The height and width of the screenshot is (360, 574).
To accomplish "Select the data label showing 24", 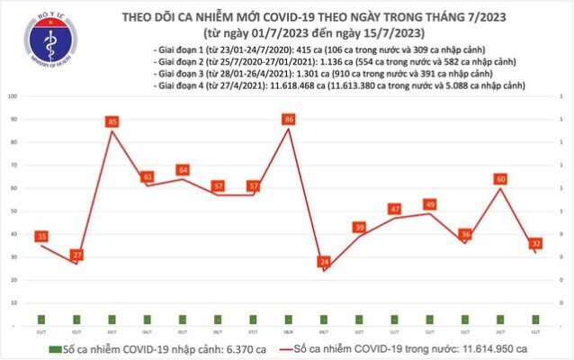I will pos(324,261).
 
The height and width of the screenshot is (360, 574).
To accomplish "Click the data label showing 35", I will pos(41,236).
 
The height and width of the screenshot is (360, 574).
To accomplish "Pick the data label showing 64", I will pos(183,169).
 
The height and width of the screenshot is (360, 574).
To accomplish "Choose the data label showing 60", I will pos(499,178).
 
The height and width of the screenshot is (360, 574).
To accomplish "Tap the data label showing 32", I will pos(535,243).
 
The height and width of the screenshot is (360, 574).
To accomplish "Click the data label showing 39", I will pos(359,227).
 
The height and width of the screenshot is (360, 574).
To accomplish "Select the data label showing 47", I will pos(394,208).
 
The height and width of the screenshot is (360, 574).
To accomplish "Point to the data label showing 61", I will pos(148,176).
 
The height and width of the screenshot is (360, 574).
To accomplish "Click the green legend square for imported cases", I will pos(55,348).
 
